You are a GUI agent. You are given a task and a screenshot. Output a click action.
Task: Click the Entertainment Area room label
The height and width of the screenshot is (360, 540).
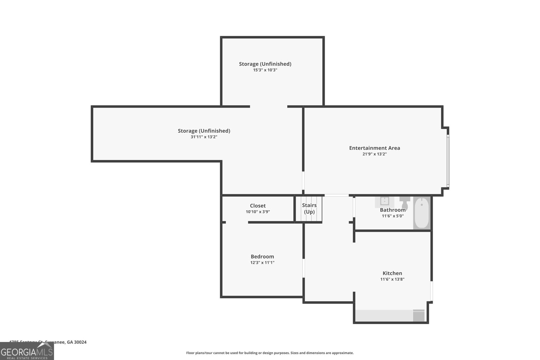(374, 148)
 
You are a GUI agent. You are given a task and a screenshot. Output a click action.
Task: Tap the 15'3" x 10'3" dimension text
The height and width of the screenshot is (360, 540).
(265, 70)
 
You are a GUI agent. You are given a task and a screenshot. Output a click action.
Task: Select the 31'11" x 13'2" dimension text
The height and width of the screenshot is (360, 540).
(204, 137)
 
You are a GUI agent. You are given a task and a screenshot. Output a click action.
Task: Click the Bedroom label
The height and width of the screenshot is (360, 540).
(262, 256)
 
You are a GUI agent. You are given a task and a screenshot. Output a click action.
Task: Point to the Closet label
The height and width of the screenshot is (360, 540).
(258, 206)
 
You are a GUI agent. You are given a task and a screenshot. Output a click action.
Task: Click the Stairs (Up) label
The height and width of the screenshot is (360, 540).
(309, 209)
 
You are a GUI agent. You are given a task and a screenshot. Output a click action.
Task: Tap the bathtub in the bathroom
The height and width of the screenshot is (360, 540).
(422, 213)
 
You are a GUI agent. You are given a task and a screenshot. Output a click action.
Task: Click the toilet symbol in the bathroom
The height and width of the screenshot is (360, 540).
(404, 202)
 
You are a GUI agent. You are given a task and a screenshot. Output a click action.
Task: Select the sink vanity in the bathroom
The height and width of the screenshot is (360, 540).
(384, 201)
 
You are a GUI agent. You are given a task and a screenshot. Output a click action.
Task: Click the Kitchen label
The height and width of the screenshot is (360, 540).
(392, 273)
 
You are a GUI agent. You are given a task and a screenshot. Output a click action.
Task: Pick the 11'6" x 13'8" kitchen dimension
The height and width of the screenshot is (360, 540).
(392, 279)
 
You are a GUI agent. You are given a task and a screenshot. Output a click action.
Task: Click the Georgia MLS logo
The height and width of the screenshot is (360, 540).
(27, 351)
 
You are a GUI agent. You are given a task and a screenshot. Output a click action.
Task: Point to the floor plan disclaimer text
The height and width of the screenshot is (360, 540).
(270, 353)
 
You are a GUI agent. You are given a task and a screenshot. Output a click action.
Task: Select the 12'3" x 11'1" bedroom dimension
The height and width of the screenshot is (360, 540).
(262, 262)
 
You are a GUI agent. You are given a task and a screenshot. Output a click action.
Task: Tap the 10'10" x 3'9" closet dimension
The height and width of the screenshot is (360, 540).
(258, 212)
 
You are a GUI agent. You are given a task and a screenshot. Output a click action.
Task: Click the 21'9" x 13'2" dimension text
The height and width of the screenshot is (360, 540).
(374, 154)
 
